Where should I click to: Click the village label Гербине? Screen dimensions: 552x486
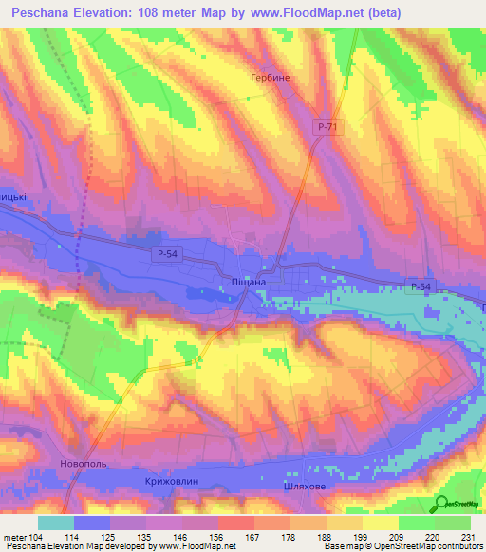click(270, 79)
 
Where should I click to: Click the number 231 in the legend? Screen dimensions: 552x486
click(466, 537)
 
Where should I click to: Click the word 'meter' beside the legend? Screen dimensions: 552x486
click(13, 537)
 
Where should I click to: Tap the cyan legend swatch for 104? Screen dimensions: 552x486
click(55, 523)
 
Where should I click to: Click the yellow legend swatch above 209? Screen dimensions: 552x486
click(380, 523)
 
